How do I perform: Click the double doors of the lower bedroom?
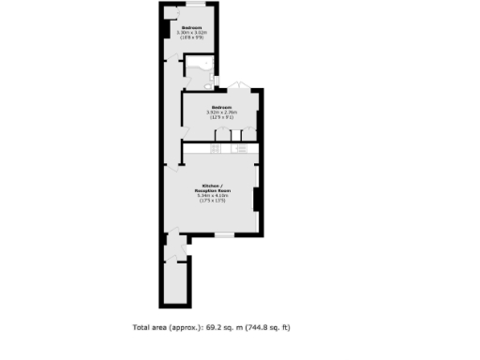(x=239, y=86)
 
